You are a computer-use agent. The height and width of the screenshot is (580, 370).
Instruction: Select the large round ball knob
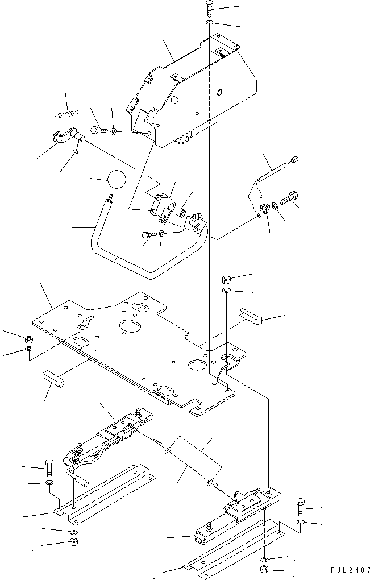pos(117,179)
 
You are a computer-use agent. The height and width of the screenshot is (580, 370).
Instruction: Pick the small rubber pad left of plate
pos(53,380)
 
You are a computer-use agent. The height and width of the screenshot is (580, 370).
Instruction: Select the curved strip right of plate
pos(251,314)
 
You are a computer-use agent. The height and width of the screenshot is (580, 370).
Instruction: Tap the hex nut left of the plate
pos(28,339)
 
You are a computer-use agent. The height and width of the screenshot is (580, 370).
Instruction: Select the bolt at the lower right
pos(301,507)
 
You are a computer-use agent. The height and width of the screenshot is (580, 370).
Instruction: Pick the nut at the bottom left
pos(73,542)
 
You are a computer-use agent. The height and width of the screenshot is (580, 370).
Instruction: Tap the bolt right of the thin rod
pos(289,198)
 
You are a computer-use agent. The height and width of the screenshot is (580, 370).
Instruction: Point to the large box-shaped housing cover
pos(192,93)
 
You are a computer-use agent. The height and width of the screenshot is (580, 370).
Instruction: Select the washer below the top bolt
pos(209,24)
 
